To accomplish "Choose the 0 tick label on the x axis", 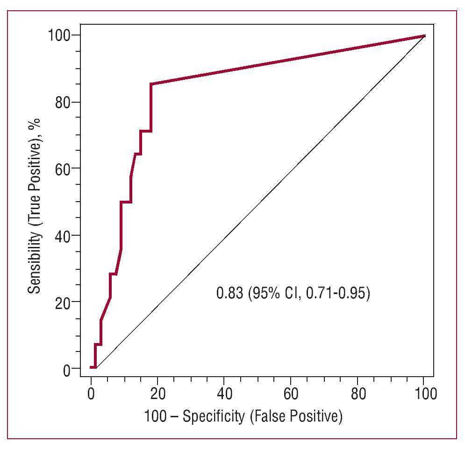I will coord(91,393).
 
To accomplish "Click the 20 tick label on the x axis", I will coord(157,393).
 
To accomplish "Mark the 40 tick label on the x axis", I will coord(224,393).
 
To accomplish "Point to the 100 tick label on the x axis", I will coord(424,393).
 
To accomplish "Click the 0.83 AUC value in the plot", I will coord(229,294).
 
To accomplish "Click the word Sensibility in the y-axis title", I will coord(34,263).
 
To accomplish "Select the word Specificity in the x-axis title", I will coord(213,416).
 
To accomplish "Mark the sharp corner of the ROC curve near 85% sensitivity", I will coord(151,84).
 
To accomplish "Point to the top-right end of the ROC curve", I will coord(424,35).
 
